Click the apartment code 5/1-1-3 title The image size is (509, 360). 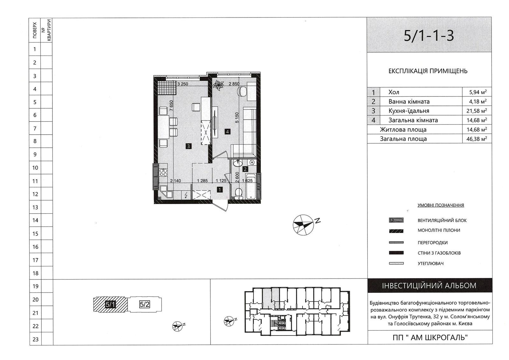(429, 36)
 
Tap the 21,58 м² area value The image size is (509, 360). (477, 111)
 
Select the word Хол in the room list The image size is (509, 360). (394, 92)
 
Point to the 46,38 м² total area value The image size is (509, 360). (477, 139)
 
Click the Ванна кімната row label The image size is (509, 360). (409, 102)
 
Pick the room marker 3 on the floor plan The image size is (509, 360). (188, 146)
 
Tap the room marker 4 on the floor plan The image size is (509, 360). (227, 131)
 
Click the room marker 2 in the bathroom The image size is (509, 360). (245, 169)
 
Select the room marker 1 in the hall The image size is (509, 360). (220, 189)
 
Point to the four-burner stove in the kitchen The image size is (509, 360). (163, 172)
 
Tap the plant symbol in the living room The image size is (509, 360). (218, 85)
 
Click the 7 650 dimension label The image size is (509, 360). (171, 106)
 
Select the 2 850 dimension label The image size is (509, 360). (234, 84)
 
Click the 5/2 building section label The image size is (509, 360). (144, 304)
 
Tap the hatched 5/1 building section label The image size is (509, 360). (110, 304)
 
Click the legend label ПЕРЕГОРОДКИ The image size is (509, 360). (433, 243)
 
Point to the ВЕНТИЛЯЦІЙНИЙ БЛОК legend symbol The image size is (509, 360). (396, 220)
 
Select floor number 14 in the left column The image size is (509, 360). (35, 220)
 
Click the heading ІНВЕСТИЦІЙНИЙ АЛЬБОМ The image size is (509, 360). (429, 286)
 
